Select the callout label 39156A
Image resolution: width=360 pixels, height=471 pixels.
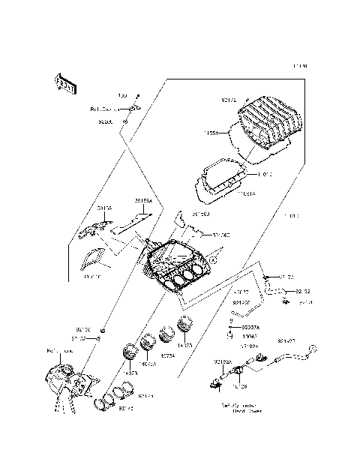tap(142, 201)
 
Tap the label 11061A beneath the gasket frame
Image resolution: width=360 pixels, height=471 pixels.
tap(246, 193)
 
